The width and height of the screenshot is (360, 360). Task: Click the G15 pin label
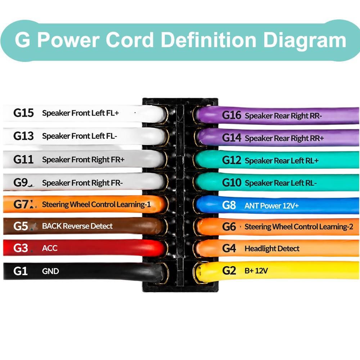pos(23,113)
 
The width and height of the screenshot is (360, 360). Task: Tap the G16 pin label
pos(231,115)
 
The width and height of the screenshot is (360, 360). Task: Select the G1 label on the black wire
pos(21,271)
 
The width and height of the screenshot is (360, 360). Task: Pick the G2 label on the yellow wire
pos(229,271)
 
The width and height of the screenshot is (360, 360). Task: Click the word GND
pos(50,271)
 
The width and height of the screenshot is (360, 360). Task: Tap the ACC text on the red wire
pos(50,248)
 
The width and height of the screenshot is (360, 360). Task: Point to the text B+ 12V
pos(256,271)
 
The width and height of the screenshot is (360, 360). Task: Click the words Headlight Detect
pos(272,248)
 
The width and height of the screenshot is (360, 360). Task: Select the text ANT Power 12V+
pos(271,206)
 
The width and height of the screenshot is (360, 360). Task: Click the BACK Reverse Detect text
pos(77,226)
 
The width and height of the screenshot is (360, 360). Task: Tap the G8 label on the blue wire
pos(229,205)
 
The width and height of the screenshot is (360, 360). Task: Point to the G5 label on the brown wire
pos(21,226)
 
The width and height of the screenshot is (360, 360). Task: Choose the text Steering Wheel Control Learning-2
pos(299,227)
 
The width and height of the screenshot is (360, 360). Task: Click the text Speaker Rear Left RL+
pos(282,161)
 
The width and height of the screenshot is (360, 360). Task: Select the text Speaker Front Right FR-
pos(82,183)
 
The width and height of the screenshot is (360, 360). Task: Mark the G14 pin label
pos(231,138)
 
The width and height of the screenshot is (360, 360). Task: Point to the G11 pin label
pos(23,159)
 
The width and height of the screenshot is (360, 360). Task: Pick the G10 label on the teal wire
pos(231,183)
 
